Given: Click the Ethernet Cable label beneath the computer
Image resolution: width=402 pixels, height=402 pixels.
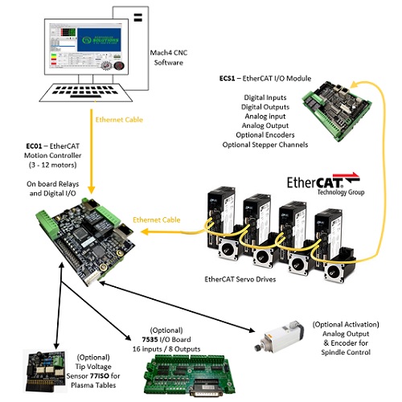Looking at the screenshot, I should [x=121, y=120].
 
